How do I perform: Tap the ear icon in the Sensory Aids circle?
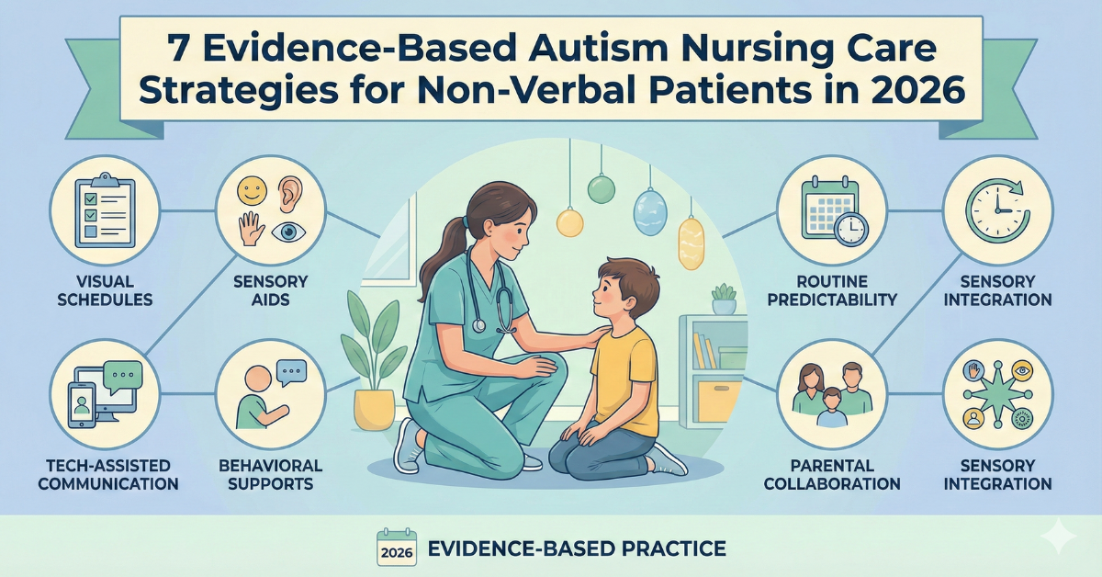290,194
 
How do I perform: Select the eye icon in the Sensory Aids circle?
288,232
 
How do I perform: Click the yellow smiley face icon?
252,191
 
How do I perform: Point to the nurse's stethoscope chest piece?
478,325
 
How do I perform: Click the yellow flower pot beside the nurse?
374,409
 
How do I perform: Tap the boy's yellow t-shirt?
625,380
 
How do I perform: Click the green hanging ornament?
602,188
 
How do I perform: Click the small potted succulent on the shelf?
725,299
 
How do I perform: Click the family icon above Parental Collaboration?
832,394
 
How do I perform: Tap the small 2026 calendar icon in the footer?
397,548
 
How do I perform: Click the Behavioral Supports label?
271,475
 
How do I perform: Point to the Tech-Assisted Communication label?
108,475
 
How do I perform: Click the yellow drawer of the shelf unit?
719,401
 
